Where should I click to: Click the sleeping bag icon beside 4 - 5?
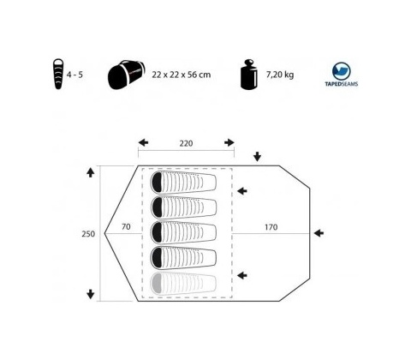[58, 74]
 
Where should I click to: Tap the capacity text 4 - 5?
[74, 75]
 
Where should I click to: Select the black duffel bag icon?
[127, 75]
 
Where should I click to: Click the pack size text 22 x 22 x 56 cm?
[182, 75]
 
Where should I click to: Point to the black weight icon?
[249, 75]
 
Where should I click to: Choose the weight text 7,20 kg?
[280, 75]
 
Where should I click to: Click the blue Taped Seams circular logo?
[342, 71]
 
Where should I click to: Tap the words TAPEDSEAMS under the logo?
[342, 84]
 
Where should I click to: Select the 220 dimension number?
[186, 143]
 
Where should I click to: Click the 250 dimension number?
[88, 234]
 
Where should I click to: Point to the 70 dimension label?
[126, 227]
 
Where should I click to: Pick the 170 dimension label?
[271, 227]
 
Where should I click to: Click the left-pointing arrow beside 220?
[143, 142]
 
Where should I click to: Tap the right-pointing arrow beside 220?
[229, 142]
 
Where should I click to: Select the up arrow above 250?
[91, 172]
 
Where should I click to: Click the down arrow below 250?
[91, 294]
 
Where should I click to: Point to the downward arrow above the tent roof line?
[258, 157]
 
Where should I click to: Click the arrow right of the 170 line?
[319, 233]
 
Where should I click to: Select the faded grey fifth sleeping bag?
[183, 284]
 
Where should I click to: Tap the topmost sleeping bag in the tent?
[183, 183]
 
